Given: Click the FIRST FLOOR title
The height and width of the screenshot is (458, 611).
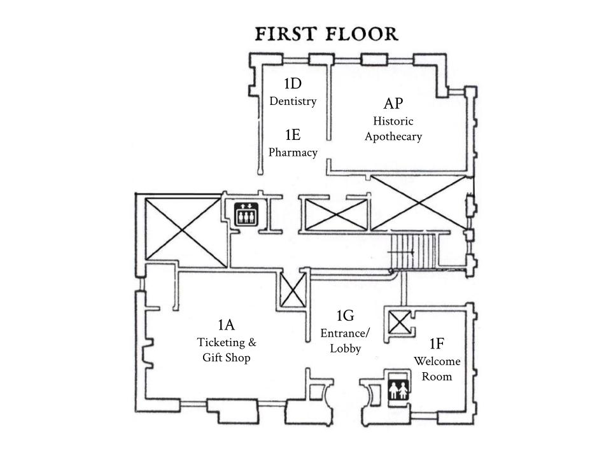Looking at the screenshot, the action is [x=327, y=34].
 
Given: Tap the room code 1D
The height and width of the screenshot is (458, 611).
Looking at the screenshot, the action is [x=293, y=83].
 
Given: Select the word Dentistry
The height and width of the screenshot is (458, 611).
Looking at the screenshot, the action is [x=293, y=101].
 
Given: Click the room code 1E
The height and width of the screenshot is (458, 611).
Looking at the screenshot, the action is [x=293, y=135].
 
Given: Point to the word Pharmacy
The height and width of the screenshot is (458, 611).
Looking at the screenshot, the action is [x=293, y=152].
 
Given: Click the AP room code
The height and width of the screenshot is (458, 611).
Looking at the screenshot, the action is [x=393, y=104].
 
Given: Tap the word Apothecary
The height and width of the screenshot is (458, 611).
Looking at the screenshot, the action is [x=393, y=137].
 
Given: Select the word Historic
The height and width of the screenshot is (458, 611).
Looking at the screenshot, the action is [x=393, y=121].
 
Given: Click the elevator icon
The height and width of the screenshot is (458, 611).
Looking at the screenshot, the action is [x=246, y=214].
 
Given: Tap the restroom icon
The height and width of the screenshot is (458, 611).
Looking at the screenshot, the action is [x=398, y=390].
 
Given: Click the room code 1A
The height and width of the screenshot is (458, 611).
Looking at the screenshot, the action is [x=226, y=324].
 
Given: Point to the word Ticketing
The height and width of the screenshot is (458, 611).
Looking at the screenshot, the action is [x=221, y=342].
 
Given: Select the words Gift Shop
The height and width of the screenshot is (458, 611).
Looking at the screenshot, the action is [x=226, y=357].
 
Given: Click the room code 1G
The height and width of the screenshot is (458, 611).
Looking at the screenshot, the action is [x=345, y=316].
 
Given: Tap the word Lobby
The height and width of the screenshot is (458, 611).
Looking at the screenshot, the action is [x=345, y=348].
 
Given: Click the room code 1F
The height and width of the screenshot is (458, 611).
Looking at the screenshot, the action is [x=437, y=343].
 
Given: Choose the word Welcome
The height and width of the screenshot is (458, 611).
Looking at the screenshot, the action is [x=437, y=361].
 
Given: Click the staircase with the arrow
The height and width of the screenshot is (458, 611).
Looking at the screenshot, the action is [x=414, y=252].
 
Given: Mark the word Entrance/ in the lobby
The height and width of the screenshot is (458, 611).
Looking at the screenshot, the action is [x=345, y=333].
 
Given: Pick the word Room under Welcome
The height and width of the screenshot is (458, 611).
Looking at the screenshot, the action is [x=437, y=377].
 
